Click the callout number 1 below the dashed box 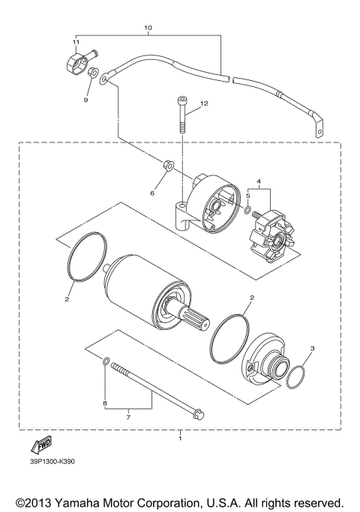[179, 436]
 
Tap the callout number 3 [312, 349]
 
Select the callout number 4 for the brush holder [258, 182]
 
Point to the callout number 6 [151, 192]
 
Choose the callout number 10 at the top [148, 28]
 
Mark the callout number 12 [205, 103]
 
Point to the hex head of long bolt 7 [196, 412]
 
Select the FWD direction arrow [42, 445]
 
